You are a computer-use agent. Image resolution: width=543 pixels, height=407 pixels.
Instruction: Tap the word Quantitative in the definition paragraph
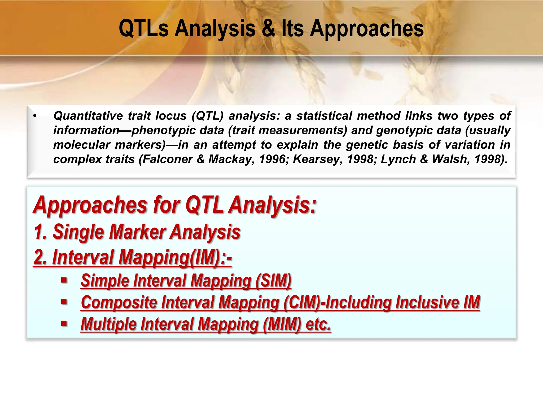point(88,116)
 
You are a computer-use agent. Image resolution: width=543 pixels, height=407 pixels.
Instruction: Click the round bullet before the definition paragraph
point(35,116)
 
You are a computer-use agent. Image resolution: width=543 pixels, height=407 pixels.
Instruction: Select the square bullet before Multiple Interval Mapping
point(64,324)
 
